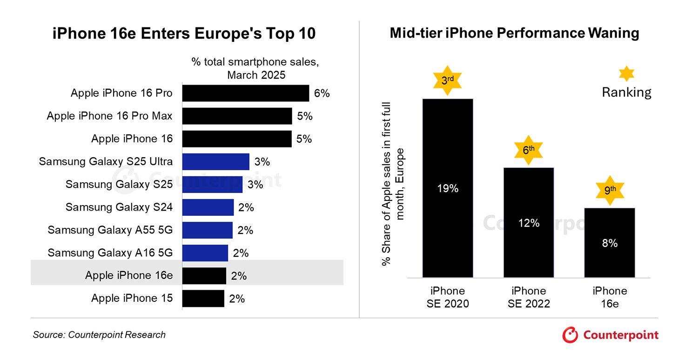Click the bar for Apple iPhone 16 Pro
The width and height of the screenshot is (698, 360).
click(245, 93)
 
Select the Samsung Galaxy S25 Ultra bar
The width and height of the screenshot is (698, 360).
click(215, 162)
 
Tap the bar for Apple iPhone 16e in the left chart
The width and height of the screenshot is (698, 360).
click(204, 276)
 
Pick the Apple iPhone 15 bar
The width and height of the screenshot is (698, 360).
click(203, 299)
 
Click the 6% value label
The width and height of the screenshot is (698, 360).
click(322, 93)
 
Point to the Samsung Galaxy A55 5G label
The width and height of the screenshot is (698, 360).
click(110, 230)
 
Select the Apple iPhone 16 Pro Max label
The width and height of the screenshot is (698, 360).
click(109, 116)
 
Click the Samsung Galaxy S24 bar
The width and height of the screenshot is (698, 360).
click(208, 207)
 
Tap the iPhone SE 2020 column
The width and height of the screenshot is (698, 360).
click(447, 188)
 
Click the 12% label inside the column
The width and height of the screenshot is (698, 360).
click(529, 223)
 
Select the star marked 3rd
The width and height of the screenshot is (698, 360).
click(447, 80)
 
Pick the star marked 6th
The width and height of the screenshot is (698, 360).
click(529, 150)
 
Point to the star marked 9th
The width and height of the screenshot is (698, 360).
click(609, 190)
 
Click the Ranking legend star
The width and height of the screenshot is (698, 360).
click(626, 74)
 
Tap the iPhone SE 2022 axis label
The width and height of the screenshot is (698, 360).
click(529, 297)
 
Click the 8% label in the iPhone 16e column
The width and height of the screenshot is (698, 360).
click(609, 243)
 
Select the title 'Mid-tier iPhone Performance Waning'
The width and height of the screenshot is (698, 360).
click(514, 33)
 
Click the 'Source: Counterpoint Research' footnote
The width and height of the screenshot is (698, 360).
click(99, 335)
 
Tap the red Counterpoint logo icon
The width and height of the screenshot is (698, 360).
click(570, 335)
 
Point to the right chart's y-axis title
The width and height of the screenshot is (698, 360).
click(392, 184)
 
